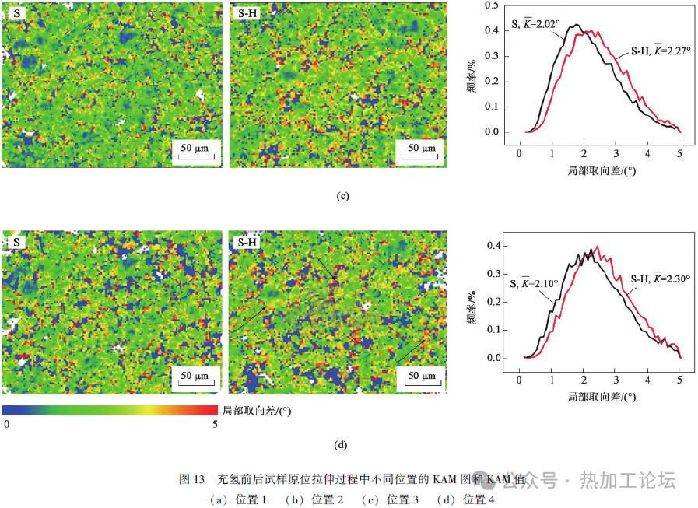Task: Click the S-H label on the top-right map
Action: click(x=247, y=13)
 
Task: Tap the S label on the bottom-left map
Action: click(x=17, y=242)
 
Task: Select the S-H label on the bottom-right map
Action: click(x=247, y=242)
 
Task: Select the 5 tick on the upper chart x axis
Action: click(x=679, y=152)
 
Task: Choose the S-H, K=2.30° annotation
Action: click(x=661, y=278)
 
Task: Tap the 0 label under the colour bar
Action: click(x=6, y=424)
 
